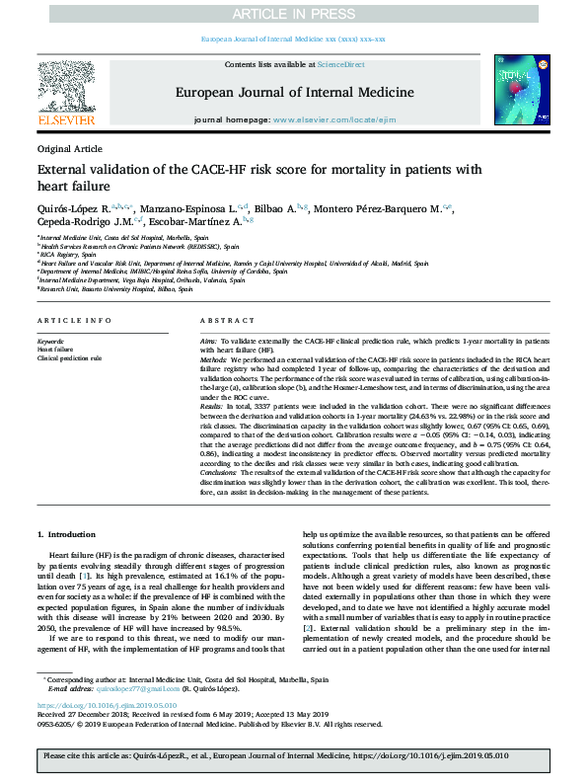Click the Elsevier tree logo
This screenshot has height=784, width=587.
pyautogui.click(x=68, y=88)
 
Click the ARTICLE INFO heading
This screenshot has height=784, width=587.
pyautogui.click(x=73, y=322)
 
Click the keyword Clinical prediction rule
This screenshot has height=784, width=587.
pyautogui.click(x=69, y=356)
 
